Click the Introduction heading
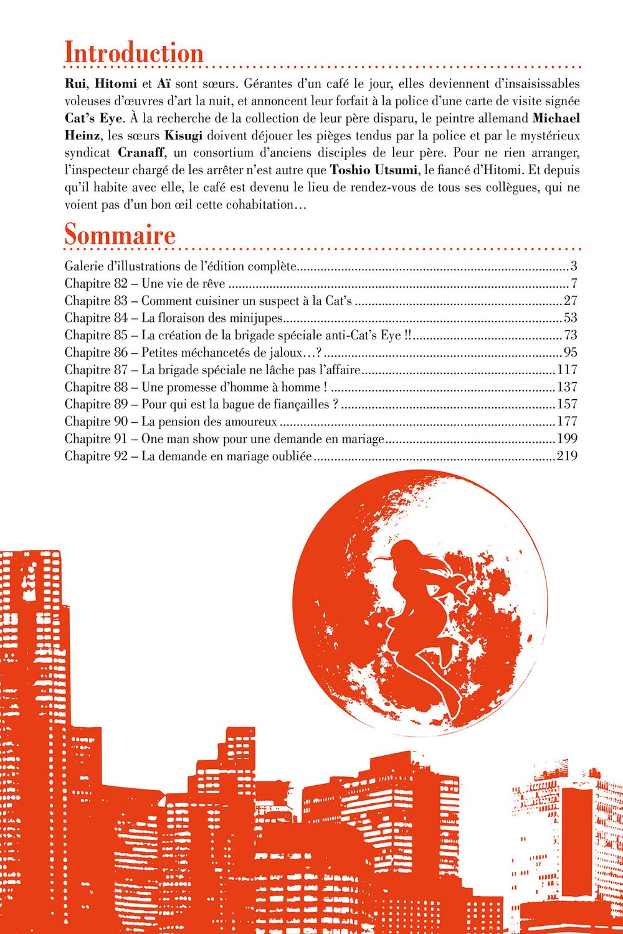pyautogui.click(x=134, y=53)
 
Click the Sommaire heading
pyautogui.click(x=120, y=235)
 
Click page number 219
pyautogui.click(x=567, y=456)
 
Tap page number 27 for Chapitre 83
pyautogui.click(x=570, y=301)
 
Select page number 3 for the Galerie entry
pyautogui.click(x=574, y=267)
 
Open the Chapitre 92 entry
pyautogui.click(x=188, y=456)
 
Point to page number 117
pyautogui.click(x=567, y=370)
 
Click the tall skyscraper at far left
pyautogui.click(x=31, y=685)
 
